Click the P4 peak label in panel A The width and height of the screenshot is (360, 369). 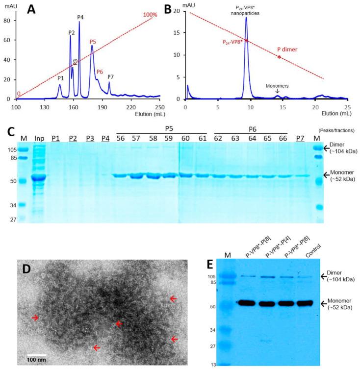[80, 18]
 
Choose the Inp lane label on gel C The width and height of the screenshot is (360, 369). [40, 139]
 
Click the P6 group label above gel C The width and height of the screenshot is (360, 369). [251, 129]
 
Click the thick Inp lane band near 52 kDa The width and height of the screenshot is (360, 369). [40, 177]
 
